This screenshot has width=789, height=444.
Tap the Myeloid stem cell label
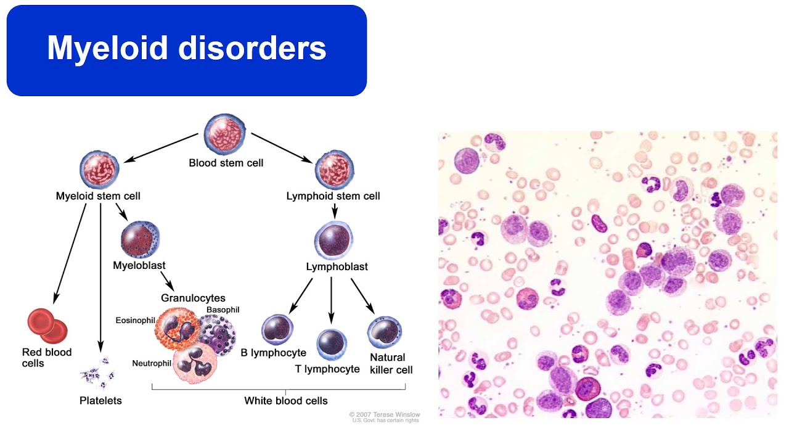[98, 196]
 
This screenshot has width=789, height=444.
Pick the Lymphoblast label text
[337, 267]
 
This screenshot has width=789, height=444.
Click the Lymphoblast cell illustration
[333, 241]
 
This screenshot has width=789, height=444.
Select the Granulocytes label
[193, 298]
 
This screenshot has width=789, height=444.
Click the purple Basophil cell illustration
[215, 334]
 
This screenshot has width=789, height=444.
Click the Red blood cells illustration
[47, 326]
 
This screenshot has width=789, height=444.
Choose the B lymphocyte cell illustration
[277, 329]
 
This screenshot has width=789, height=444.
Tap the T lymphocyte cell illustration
[332, 344]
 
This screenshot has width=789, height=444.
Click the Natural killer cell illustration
[385, 333]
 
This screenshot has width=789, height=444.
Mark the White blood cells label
[285, 401]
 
